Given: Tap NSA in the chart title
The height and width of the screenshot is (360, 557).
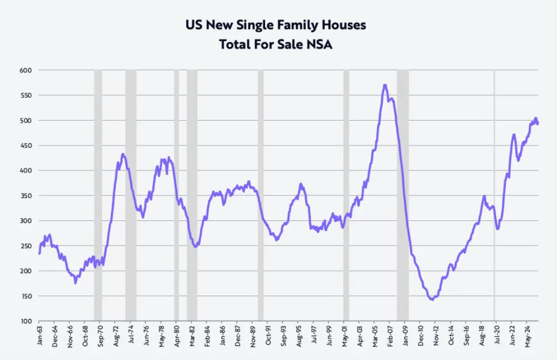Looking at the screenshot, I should coord(320,44).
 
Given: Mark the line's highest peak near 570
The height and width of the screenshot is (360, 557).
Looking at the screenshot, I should coord(385,85).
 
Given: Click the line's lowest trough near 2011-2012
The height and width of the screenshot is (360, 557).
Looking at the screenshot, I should coord(431,299).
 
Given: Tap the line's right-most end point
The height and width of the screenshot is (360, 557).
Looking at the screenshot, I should coord(538,123).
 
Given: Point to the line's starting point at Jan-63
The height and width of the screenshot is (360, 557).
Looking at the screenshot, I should coord(39,253).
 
